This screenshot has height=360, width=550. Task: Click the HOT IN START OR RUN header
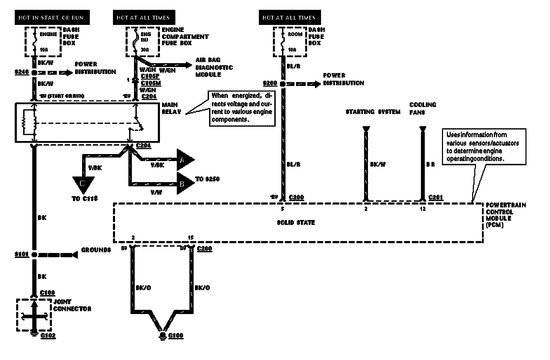(52, 18)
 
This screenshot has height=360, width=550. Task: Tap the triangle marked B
(184, 183)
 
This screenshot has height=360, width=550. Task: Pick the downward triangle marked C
(83, 184)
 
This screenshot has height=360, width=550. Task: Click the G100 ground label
(176, 336)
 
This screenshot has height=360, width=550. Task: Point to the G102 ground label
(48, 336)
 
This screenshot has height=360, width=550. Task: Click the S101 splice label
(22, 254)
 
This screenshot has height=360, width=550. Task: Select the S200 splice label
(270, 84)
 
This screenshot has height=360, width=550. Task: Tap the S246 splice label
(22, 72)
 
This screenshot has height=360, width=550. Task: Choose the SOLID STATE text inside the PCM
(296, 222)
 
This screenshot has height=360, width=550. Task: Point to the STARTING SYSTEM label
(373, 112)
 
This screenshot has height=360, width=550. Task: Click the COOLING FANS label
(423, 108)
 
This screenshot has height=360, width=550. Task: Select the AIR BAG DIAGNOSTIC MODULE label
(213, 67)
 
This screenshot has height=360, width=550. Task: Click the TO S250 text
(208, 179)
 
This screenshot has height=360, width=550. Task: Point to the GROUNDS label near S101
(96, 250)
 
